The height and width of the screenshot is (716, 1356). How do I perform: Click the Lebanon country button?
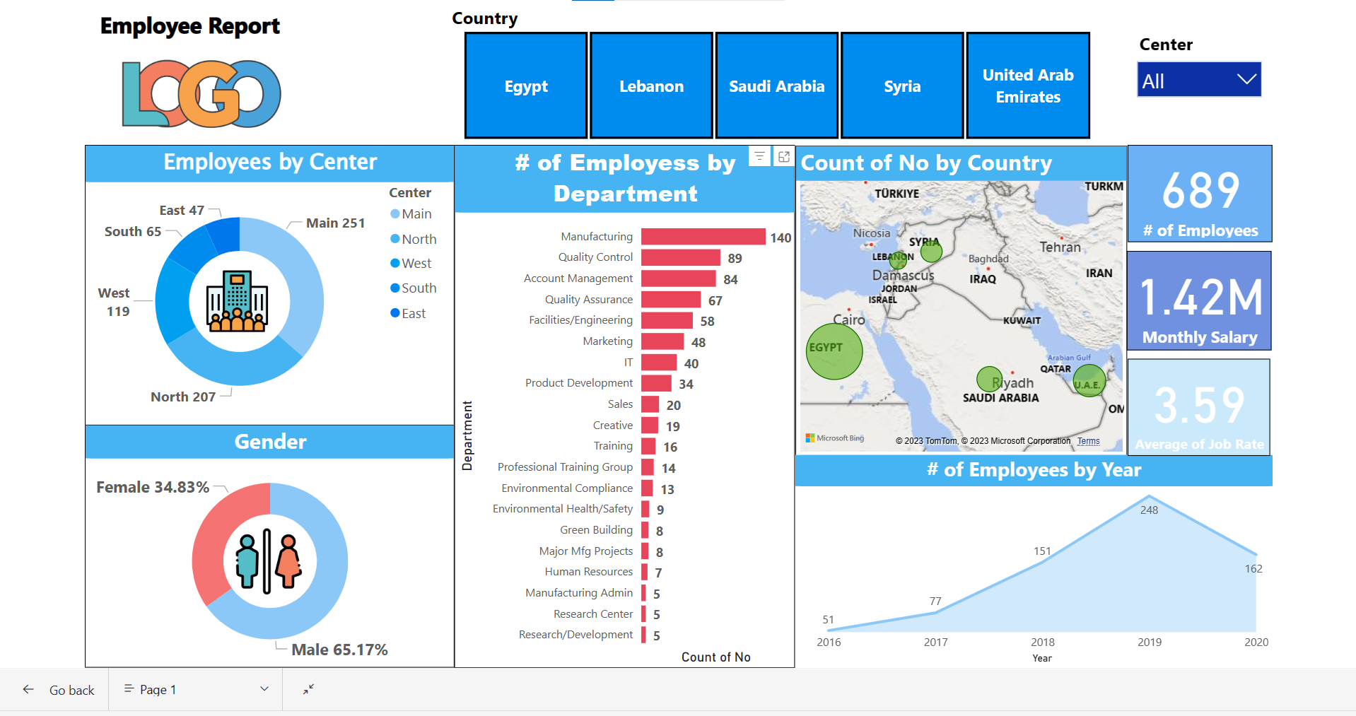651,86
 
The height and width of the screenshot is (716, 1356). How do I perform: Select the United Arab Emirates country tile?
1028,86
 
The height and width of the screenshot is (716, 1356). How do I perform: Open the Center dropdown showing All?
1199,80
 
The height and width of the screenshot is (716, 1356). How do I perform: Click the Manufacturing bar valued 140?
703,237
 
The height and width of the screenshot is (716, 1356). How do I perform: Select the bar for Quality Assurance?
670,300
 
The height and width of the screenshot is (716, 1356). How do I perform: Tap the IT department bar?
659,363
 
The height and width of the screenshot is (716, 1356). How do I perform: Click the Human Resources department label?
588,572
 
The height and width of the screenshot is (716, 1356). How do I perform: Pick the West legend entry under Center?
416,264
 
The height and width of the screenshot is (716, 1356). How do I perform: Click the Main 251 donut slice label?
335,223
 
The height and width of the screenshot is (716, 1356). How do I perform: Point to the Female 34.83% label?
153,488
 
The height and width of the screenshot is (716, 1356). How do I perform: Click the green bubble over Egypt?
834,351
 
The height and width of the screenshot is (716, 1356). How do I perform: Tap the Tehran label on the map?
1060,247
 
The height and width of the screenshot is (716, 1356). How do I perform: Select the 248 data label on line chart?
1149,510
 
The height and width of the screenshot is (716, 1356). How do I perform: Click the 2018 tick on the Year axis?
1042,642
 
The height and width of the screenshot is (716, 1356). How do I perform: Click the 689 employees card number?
1200,191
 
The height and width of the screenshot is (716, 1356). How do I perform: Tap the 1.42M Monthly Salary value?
1200,298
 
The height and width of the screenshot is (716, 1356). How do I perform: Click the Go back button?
59,690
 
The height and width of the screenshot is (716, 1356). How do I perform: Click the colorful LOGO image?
201,94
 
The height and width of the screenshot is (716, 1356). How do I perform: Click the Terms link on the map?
1088,441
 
